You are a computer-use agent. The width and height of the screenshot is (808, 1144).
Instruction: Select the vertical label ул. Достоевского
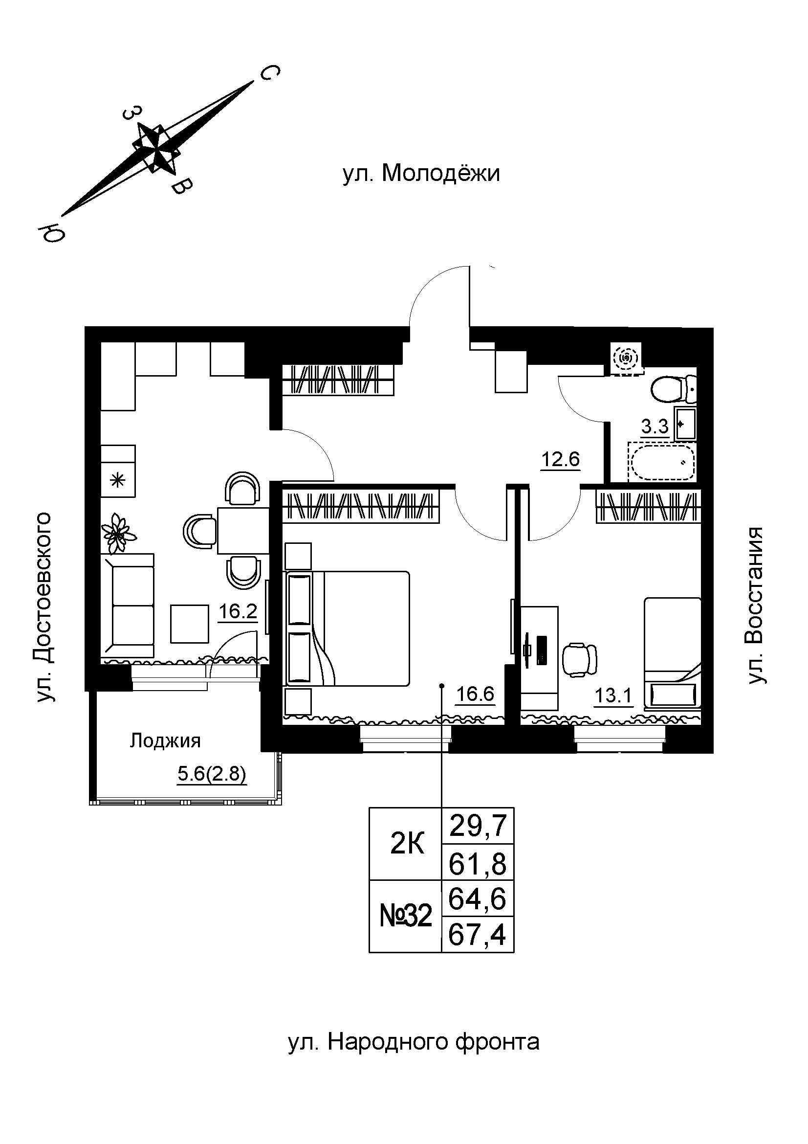44,606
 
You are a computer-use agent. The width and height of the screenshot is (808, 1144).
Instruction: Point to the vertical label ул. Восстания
756,605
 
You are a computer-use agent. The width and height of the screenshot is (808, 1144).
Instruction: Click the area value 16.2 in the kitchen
238,611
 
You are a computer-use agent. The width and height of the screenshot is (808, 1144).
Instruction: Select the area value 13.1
613,695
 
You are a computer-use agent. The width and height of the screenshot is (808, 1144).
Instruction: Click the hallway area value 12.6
561,459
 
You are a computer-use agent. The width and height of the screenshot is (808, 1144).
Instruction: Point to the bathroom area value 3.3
654,426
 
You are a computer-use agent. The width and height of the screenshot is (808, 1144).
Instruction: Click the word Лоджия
165,741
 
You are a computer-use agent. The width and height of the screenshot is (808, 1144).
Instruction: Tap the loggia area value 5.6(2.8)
212,774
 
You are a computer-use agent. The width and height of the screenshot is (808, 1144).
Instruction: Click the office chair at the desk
581,660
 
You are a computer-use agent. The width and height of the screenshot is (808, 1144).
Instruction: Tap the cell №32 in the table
405,916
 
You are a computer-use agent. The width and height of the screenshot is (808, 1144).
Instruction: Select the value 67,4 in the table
477,935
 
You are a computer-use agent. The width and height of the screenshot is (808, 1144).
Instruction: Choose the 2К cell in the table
407,844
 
